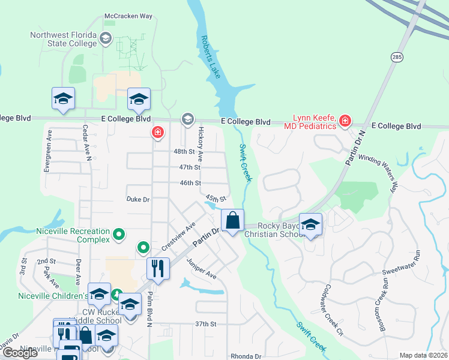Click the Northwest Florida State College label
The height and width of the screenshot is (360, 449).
(x=63, y=39)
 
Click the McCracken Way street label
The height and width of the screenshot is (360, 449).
(x=128, y=16)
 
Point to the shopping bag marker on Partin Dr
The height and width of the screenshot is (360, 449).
(x=233, y=220)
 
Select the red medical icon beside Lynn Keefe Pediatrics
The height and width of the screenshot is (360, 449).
(x=345, y=122)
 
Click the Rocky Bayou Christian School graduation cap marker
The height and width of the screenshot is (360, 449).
(x=310, y=224)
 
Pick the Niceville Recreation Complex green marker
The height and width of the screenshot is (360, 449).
(x=119, y=235)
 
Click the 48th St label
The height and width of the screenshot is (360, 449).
(x=184, y=152)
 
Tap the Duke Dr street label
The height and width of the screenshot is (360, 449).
(x=137, y=199)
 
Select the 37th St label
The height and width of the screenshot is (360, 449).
(x=205, y=324)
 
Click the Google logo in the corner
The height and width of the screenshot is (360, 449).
(x=20, y=352)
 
